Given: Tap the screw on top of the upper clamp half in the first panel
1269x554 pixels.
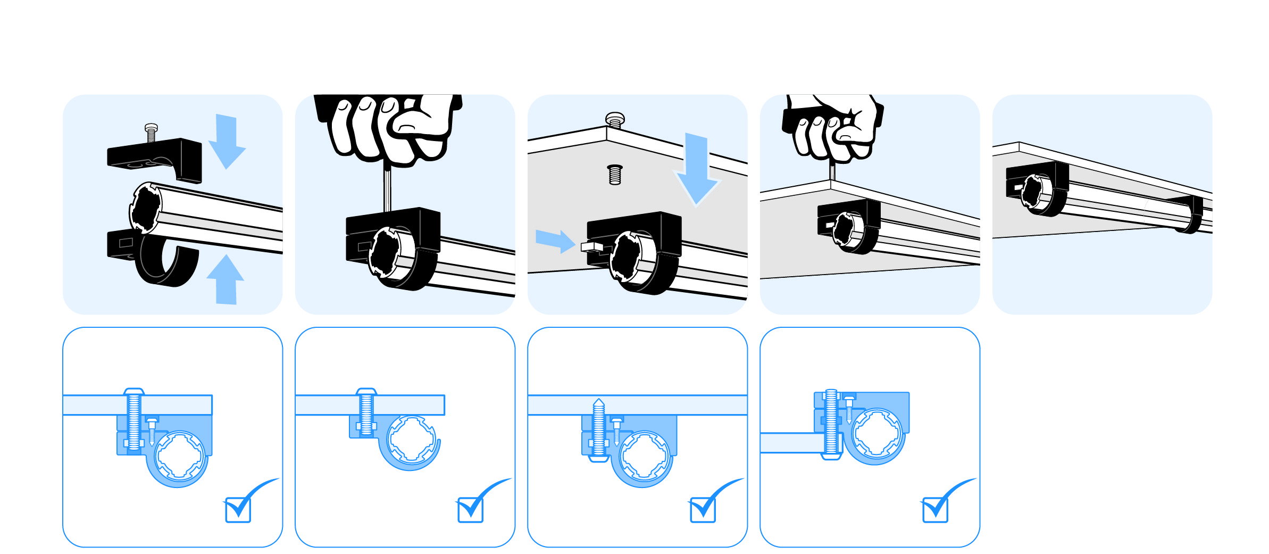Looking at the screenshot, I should pyautogui.click(x=151, y=133).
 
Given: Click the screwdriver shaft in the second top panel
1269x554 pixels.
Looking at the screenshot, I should pyautogui.click(x=387, y=189).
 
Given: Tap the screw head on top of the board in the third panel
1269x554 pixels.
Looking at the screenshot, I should pyautogui.click(x=615, y=119).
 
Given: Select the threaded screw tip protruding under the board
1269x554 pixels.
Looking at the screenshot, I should pyautogui.click(x=615, y=175).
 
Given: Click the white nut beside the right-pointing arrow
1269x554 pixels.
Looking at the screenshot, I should pyautogui.click(x=590, y=246).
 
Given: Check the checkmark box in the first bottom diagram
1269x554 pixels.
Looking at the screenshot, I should pyautogui.click(x=238, y=509).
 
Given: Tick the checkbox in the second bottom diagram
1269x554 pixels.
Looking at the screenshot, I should pyautogui.click(x=471, y=509).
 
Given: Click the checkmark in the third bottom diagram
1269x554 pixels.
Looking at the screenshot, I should pyautogui.click(x=703, y=509).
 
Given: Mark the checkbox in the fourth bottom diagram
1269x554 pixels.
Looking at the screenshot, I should pyautogui.click(x=936, y=509).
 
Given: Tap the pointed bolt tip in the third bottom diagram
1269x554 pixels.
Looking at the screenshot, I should pyautogui.click(x=599, y=403).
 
